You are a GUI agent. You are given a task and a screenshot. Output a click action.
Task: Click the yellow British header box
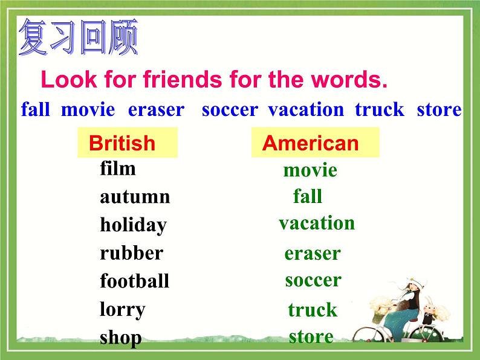(x=128, y=143)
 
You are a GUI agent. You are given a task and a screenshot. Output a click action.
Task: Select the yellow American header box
(x=314, y=143)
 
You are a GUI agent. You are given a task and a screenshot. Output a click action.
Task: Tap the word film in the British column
(x=118, y=169)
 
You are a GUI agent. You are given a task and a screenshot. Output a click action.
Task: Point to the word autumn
(x=135, y=197)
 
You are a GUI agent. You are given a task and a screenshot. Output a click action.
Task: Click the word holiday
(x=133, y=225)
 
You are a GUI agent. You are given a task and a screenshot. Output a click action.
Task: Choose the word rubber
(x=131, y=253)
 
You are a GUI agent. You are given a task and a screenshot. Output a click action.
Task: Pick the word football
(x=134, y=281)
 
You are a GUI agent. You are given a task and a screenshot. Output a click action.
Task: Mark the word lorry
(x=123, y=310)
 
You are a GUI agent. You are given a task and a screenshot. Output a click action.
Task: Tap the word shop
(x=120, y=338)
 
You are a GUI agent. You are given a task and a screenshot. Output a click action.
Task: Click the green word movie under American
(x=310, y=170)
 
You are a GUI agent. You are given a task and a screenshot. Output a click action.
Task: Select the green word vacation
(x=317, y=223)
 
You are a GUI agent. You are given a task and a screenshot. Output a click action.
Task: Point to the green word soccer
(x=313, y=280)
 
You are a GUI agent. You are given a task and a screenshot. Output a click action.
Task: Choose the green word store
(x=311, y=336)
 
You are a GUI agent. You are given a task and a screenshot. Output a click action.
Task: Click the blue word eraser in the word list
(x=156, y=110)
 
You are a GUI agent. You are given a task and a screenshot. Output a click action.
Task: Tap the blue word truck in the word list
(x=379, y=110)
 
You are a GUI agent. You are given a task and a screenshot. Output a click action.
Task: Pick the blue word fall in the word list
(x=35, y=110)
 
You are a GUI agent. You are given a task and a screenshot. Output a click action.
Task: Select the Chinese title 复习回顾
(x=79, y=37)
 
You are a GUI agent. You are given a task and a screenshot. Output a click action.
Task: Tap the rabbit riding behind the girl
(x=429, y=313)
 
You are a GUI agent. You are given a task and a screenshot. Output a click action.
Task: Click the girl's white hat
(x=404, y=283)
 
